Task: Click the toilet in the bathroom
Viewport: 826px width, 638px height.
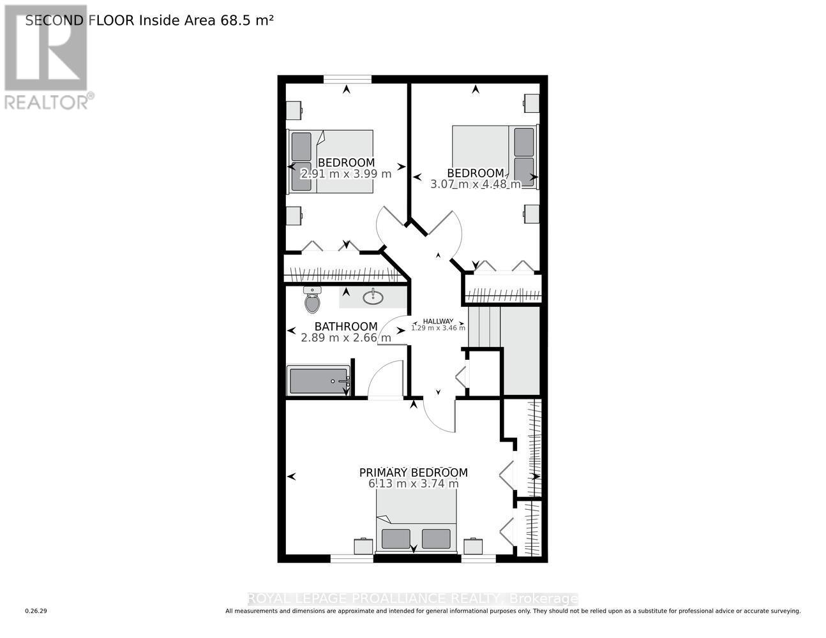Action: (x=312, y=300)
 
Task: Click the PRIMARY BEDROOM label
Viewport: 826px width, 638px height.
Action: (x=413, y=473)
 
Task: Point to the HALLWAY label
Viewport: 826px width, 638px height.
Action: (x=438, y=322)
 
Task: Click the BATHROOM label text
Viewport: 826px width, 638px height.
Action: (x=345, y=327)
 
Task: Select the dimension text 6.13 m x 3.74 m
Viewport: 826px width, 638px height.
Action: (x=413, y=484)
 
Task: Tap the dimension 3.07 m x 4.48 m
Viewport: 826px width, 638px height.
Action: (x=475, y=184)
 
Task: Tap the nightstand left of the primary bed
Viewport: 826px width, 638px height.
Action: (x=363, y=547)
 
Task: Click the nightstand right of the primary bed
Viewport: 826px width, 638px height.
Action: (x=473, y=547)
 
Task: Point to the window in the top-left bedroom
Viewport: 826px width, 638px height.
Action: (x=347, y=80)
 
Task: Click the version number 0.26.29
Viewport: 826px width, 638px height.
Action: (x=36, y=611)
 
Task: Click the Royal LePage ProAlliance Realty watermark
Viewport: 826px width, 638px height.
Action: (x=413, y=598)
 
